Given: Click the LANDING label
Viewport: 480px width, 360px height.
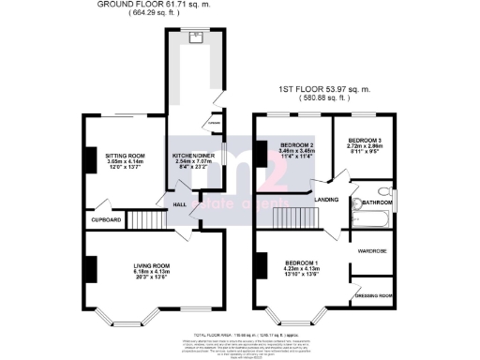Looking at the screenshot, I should pyautogui.click(x=326, y=199).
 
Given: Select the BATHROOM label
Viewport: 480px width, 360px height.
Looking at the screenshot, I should pyautogui.click(x=378, y=202).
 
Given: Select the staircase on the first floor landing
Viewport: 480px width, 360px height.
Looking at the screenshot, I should pyautogui.click(x=292, y=218).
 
